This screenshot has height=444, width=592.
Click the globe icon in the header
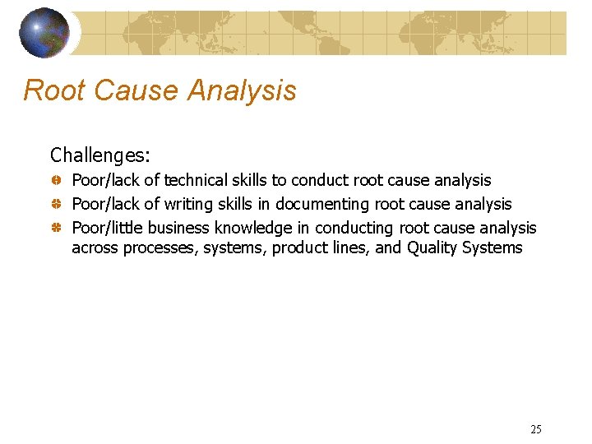pos(45,33)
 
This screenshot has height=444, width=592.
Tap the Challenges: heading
pos(99,155)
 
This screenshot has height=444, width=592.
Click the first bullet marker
pos(56,179)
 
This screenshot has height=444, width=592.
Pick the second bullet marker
pos(56,203)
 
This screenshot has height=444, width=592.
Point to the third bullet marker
pos(56,227)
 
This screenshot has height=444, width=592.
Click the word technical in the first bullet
pos(197,180)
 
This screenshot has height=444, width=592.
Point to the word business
pos(180,228)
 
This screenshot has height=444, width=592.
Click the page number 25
pos(536,428)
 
